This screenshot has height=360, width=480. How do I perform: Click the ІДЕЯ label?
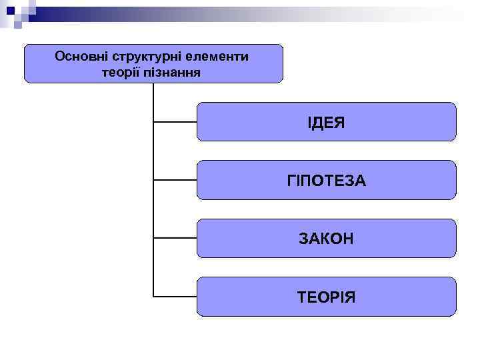pos(326,122)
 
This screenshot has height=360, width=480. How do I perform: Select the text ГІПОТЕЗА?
pos(326,181)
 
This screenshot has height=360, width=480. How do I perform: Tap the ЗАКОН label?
pos(326,239)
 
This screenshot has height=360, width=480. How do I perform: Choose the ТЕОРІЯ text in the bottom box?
pos(326,297)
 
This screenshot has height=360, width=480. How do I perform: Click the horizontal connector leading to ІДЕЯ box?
pos(175,122)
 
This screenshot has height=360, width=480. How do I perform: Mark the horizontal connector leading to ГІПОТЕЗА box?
pos(175,180)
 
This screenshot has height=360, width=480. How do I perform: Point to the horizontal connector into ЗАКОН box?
pos(175,238)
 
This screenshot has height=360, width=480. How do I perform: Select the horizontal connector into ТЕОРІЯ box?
pos(175,296)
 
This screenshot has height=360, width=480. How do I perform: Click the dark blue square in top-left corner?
pos(10,10)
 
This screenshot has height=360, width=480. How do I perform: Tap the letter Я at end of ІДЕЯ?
pos(340,122)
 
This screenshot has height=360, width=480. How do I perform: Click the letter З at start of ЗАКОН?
pos(303,239)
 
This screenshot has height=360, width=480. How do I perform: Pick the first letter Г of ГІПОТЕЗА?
pos(291,181)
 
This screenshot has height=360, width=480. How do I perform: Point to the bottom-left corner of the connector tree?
pos(154,296)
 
